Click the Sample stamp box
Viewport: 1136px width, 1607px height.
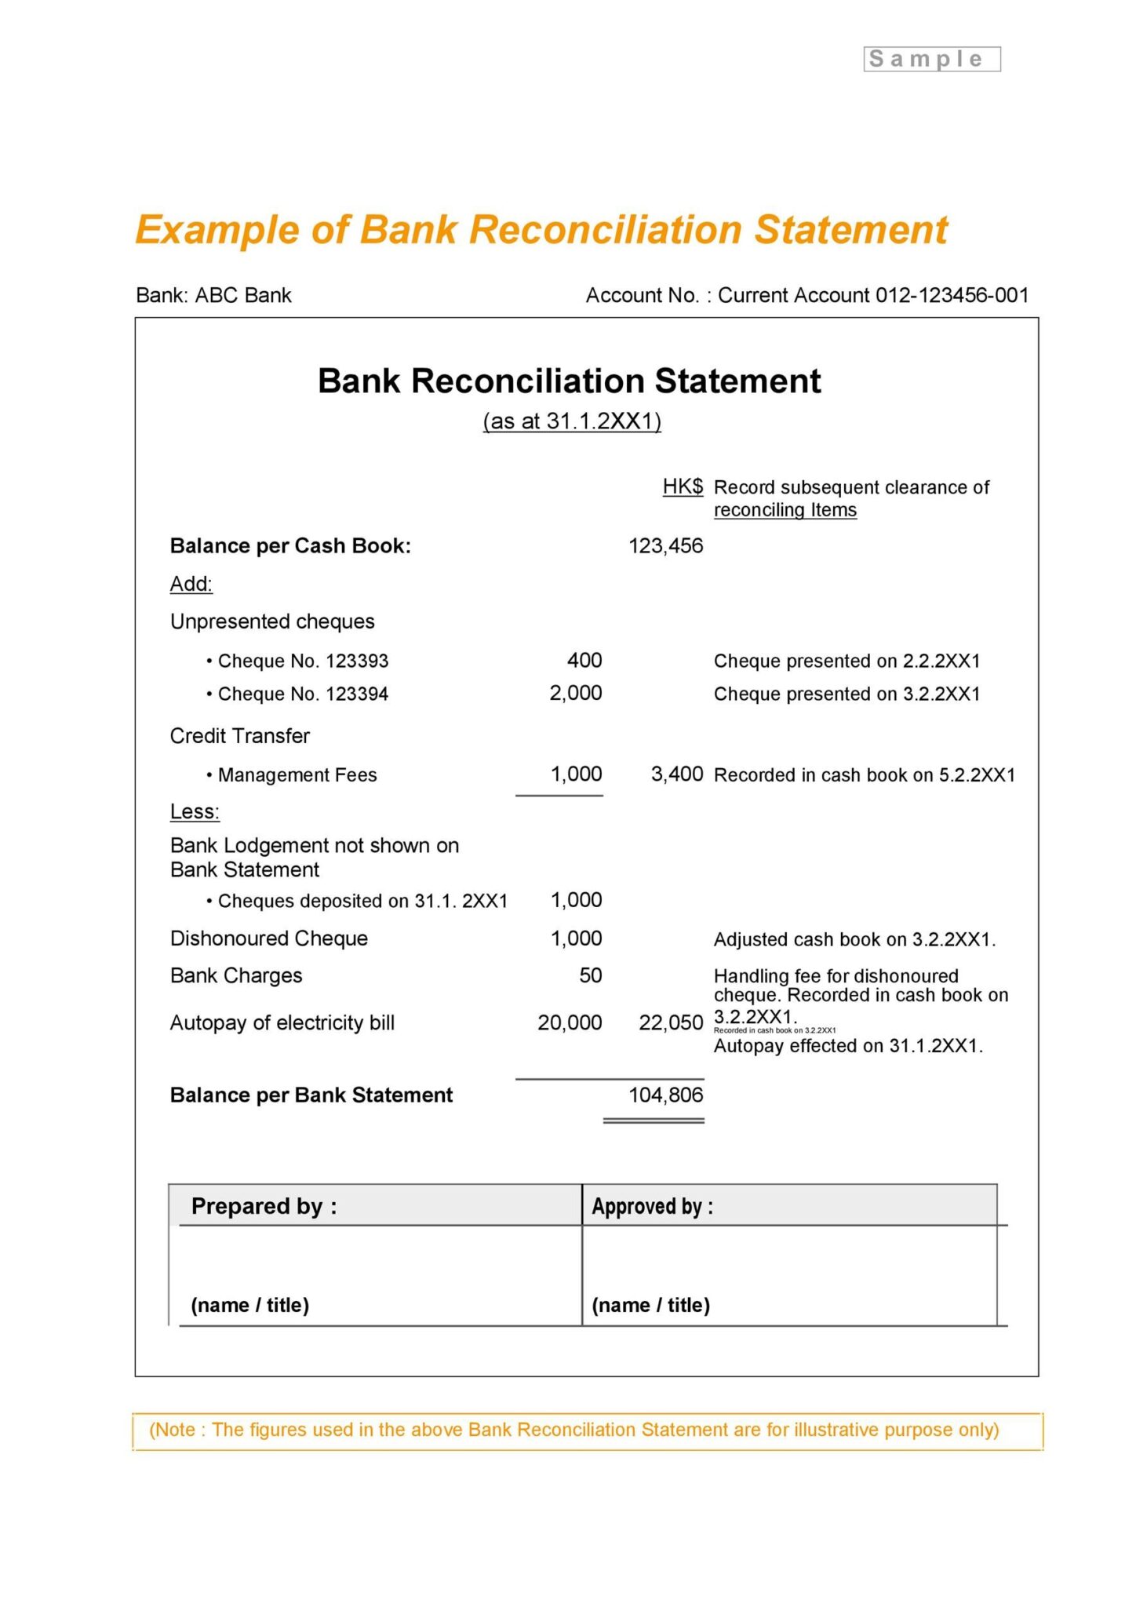click(931, 59)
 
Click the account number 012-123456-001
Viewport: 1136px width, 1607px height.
click(952, 295)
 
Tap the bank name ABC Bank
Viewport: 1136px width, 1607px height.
click(243, 295)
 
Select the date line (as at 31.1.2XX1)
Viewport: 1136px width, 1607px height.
click(572, 421)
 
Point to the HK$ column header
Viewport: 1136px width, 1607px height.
click(683, 486)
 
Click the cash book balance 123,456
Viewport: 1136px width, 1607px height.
click(665, 546)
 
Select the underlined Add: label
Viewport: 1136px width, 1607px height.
click(191, 584)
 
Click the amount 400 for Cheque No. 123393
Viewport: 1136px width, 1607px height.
click(584, 661)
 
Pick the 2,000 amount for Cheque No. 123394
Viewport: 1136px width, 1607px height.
click(576, 694)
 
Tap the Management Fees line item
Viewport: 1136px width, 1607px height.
click(297, 775)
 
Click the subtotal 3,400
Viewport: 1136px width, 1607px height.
click(677, 774)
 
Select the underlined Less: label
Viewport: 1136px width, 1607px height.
click(195, 811)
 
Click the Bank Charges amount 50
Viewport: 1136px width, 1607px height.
click(591, 975)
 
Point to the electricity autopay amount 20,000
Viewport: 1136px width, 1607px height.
click(570, 1022)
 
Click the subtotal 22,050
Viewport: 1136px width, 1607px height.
click(671, 1022)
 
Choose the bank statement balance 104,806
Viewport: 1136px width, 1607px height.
click(665, 1095)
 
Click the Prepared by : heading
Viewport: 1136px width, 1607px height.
click(264, 1206)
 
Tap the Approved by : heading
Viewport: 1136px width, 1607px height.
click(652, 1206)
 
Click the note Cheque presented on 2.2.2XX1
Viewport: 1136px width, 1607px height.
click(847, 661)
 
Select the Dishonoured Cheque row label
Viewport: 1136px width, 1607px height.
click(269, 938)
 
